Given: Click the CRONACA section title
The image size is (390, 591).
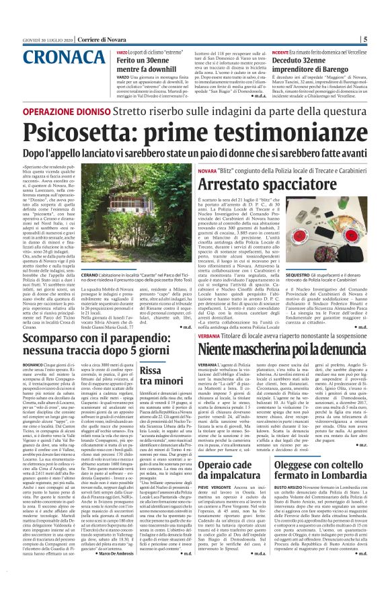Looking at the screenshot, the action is click(x=42, y=58).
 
